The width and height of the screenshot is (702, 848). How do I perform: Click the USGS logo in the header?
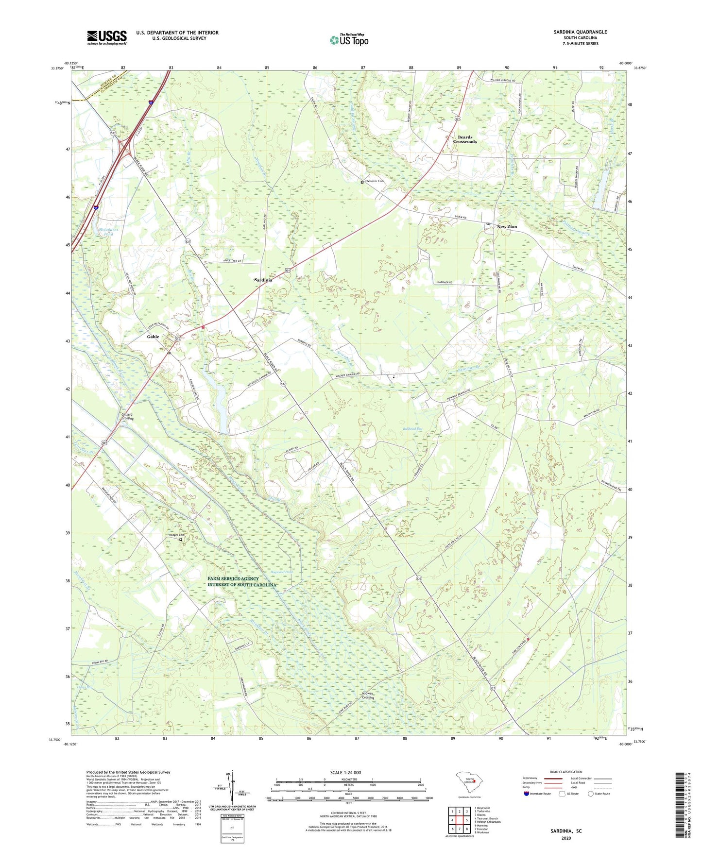[107, 37]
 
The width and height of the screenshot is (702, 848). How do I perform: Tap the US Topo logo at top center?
[348, 40]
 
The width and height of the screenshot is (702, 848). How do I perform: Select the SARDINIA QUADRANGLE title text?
[580, 32]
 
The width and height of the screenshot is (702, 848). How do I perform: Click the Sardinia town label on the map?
[263, 280]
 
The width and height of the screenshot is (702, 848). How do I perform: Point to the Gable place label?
[153, 337]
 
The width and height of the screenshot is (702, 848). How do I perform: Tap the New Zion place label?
[507, 227]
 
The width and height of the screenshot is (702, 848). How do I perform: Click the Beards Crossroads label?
[464, 139]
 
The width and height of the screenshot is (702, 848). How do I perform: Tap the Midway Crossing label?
[368, 695]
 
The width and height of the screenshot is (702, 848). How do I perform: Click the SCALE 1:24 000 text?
[345, 773]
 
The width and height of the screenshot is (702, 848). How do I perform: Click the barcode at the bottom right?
[681, 806]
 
